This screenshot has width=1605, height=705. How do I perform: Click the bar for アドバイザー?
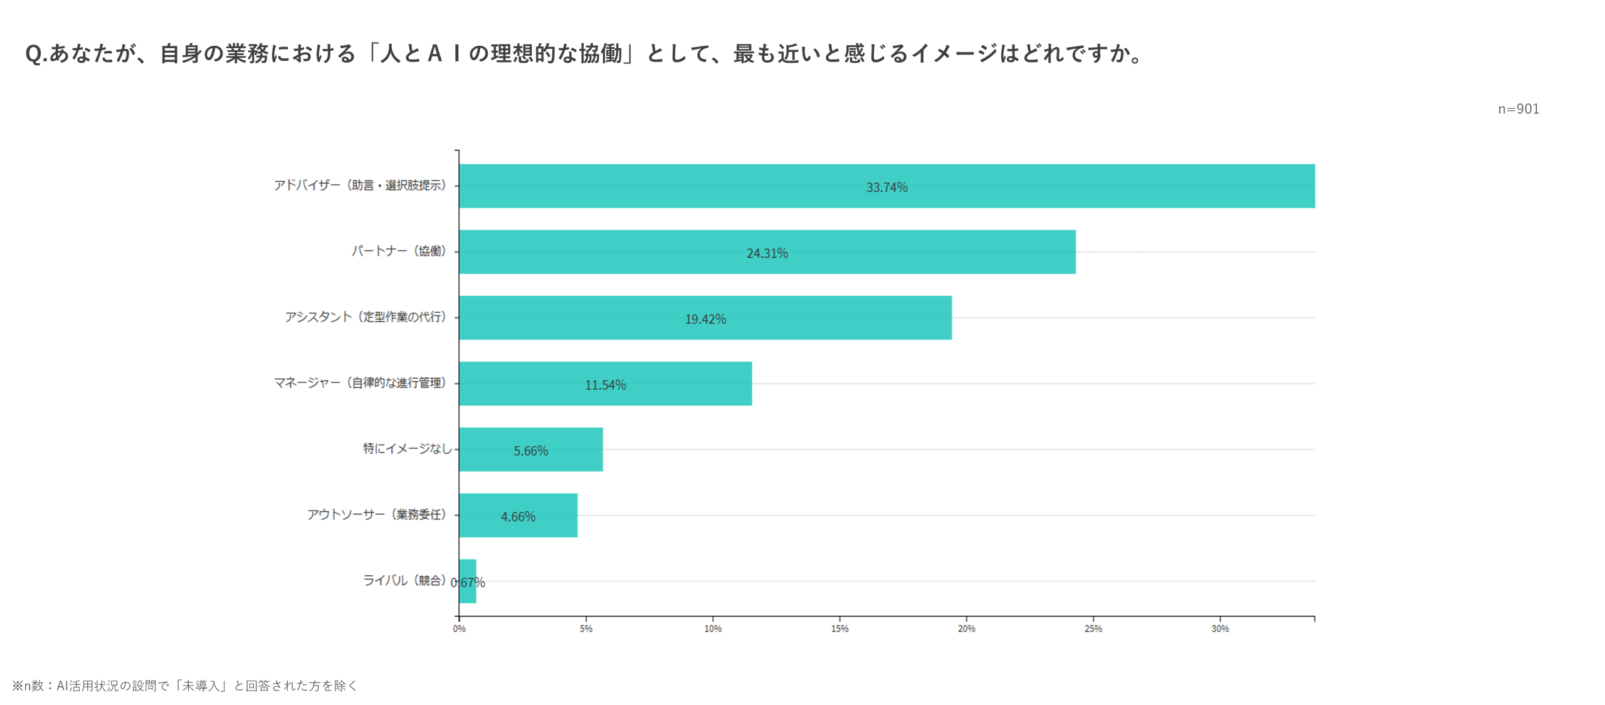(690, 186)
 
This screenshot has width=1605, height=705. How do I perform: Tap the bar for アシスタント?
(564, 318)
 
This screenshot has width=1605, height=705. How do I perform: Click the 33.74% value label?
(887, 187)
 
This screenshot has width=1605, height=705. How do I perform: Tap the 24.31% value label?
(767, 253)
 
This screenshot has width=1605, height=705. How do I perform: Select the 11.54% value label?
(605, 385)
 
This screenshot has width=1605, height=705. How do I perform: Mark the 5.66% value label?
(530, 451)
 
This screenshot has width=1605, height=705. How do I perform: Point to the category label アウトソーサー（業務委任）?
(377, 514)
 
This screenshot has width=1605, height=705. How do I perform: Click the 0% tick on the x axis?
(459, 629)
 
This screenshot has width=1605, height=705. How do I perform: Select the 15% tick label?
(839, 629)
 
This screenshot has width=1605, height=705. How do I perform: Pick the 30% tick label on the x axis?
(1220, 629)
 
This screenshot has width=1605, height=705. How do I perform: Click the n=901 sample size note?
(1518, 109)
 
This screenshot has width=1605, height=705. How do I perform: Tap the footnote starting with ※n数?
(184, 686)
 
